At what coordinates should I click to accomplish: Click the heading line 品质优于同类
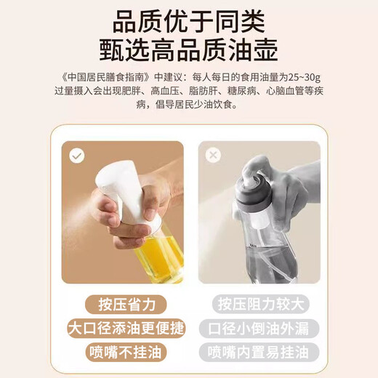[x=188, y=18]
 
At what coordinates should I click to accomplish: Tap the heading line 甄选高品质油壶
[x=188, y=49]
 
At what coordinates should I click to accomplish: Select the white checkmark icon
[x=77, y=156]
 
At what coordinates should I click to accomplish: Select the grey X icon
[x=212, y=156]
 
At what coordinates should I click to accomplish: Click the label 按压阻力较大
[x=259, y=304]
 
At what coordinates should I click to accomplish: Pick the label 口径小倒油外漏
[x=259, y=328]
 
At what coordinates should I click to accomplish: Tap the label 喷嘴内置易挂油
[x=259, y=352]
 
